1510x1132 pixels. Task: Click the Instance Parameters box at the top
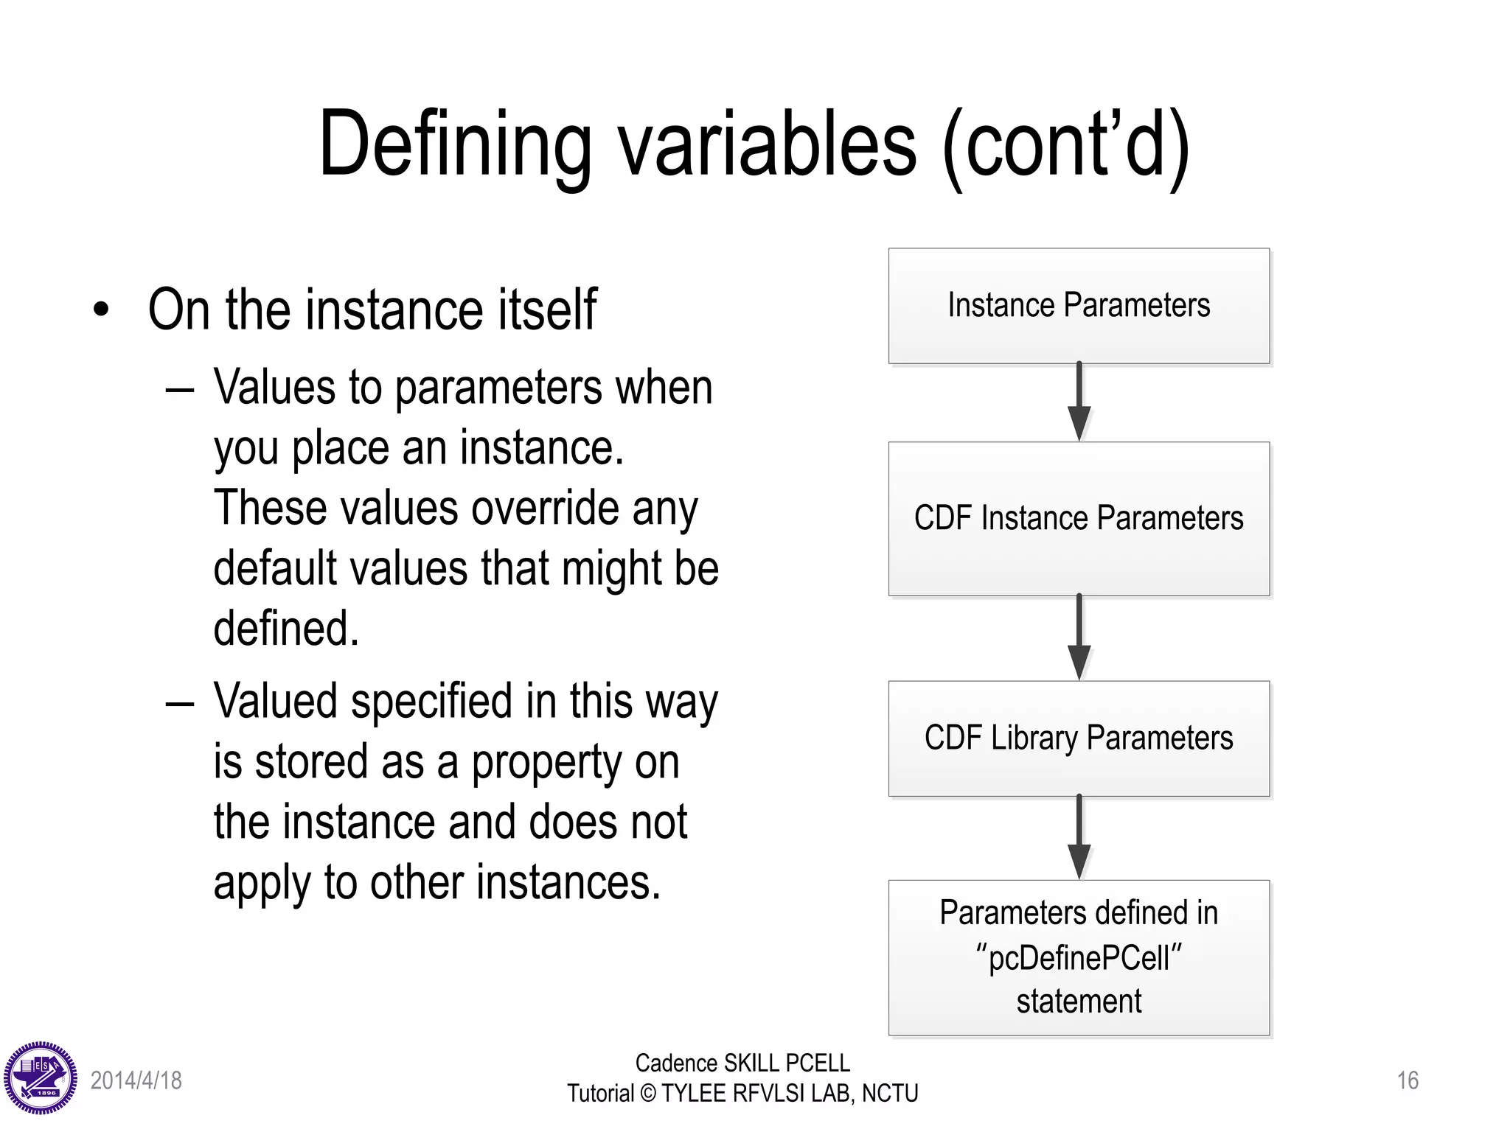(1079, 306)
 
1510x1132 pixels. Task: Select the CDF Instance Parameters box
(1079, 518)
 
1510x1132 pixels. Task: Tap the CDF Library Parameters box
(1079, 738)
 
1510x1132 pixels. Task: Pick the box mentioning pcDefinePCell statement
(1079, 957)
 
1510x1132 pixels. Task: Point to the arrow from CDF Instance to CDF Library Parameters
(1079, 638)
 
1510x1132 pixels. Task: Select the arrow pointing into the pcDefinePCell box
(1079, 838)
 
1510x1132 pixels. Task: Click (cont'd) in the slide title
(1065, 145)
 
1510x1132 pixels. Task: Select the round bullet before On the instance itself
(102, 310)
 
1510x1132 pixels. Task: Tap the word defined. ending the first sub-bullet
(286, 629)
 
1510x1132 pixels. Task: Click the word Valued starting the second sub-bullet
(276, 701)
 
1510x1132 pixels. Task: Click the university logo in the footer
(41, 1078)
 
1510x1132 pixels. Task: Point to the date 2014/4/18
(136, 1080)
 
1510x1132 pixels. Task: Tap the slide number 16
(1407, 1080)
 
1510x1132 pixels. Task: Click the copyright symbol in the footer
(647, 1094)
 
